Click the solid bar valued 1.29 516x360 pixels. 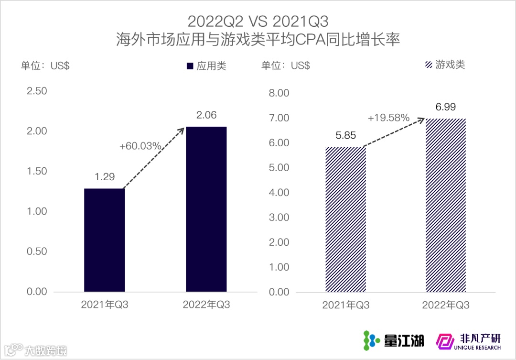[x=105, y=240]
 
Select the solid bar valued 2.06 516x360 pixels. [x=206, y=209]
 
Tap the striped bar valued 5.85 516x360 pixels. [x=346, y=219]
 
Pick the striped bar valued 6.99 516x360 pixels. [x=446, y=205]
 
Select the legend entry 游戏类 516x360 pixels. [x=445, y=65]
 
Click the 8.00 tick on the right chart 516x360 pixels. [x=279, y=93]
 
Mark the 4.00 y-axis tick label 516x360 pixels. [x=279, y=193]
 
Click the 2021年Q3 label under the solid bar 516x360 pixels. [x=105, y=305]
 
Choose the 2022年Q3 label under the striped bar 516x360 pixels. [x=446, y=305]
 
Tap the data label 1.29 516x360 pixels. [x=105, y=177]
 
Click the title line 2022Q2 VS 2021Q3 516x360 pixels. [x=258, y=22]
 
